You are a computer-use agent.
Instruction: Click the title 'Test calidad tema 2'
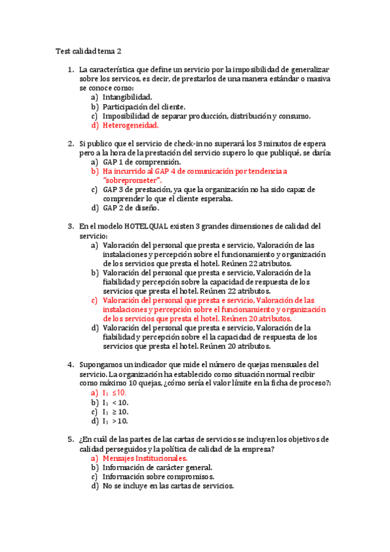click(88, 51)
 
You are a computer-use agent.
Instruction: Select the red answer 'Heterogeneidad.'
click(130, 126)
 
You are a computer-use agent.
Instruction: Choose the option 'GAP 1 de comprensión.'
click(141, 161)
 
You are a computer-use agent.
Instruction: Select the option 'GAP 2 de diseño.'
click(131, 208)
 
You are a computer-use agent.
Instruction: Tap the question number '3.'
click(71, 226)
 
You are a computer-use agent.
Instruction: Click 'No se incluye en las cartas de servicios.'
click(168, 486)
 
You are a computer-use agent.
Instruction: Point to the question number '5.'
click(71, 439)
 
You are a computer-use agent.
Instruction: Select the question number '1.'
click(71, 69)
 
